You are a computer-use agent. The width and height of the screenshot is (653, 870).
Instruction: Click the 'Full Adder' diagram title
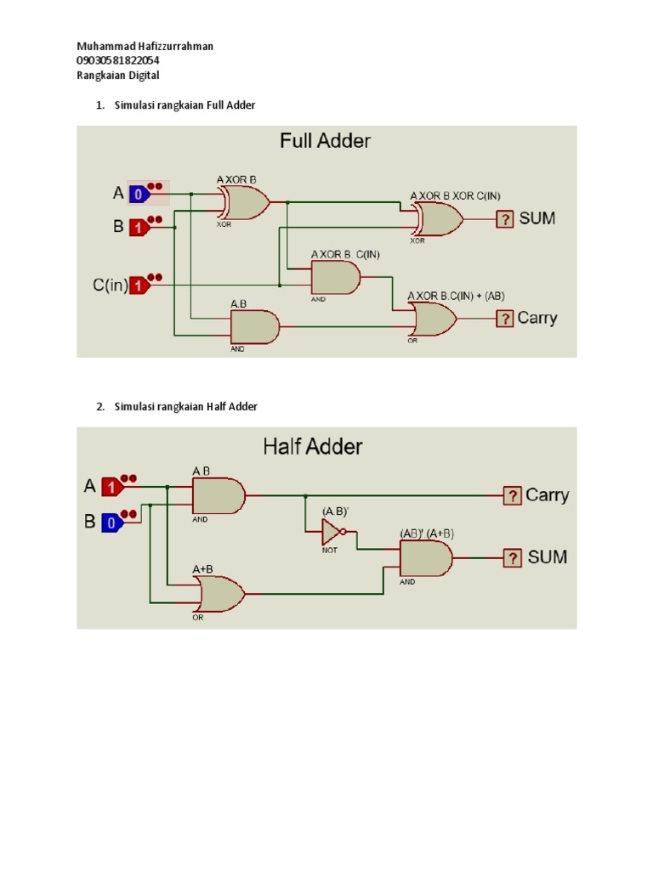pos(326,141)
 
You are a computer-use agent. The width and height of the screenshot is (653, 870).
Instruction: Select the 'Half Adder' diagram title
pos(312,446)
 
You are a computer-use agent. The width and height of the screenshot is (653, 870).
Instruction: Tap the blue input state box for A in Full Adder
pos(139,195)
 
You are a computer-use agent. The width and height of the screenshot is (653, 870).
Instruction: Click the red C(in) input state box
pos(139,285)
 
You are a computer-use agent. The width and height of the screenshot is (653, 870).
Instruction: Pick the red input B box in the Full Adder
pos(139,228)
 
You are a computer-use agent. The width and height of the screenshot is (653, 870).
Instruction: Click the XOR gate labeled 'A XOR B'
pos(246,203)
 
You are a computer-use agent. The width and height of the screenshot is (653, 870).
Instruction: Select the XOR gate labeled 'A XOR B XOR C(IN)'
pos(439,220)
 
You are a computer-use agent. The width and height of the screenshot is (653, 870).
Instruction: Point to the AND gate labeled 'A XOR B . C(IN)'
pos(335,277)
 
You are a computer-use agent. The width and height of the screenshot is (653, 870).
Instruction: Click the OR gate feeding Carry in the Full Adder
pos(434,319)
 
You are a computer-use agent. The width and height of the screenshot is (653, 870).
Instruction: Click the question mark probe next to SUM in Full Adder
pos(505,219)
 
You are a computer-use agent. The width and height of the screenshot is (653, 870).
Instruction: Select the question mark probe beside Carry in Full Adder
pos(505,319)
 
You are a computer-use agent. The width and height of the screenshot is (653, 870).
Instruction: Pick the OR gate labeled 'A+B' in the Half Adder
pos(220,593)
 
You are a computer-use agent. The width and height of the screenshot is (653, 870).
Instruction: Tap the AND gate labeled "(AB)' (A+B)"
pos(425,558)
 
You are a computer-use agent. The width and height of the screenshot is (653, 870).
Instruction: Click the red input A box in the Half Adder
pos(111,487)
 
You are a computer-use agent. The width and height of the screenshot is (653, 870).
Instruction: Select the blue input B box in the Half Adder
pos(111,523)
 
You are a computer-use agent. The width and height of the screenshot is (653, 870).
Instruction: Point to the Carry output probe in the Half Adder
pos(512,495)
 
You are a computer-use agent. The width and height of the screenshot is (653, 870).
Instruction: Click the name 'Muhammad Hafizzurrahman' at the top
pos(145,46)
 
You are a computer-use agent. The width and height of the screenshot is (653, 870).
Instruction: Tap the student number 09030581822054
pos(118,60)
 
